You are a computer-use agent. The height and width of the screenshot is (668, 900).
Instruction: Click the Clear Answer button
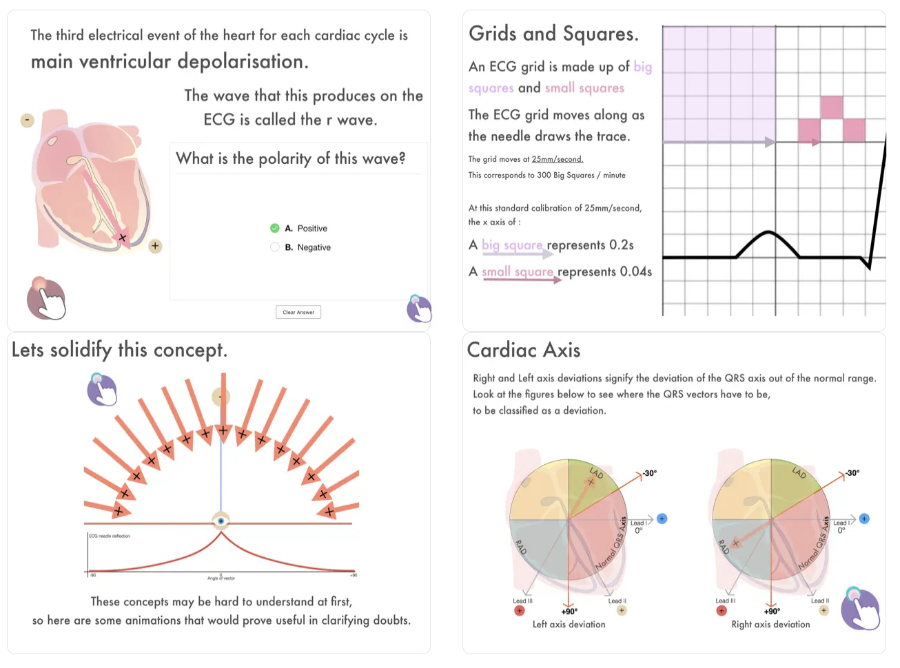(298, 312)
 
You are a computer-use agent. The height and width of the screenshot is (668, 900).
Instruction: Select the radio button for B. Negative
(275, 247)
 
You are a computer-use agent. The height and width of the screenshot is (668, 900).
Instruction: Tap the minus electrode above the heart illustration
(27, 121)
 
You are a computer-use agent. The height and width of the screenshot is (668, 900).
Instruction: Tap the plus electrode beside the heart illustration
(155, 246)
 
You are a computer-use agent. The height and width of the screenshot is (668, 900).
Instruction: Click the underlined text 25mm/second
(557, 159)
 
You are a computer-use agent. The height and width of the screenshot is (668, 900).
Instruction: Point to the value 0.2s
(621, 245)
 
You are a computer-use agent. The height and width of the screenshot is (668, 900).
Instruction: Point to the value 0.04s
(635, 271)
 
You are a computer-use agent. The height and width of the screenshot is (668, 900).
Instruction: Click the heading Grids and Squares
(553, 34)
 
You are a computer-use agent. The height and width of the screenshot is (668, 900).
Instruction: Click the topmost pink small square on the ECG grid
(832, 107)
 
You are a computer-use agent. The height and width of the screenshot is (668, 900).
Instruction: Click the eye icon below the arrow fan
(221, 521)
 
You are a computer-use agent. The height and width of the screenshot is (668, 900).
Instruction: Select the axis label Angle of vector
(221, 578)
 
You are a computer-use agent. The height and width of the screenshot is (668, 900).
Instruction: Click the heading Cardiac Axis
(524, 350)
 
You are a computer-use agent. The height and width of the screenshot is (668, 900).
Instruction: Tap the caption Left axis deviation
(569, 625)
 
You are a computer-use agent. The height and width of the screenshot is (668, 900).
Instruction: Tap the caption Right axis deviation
(770, 625)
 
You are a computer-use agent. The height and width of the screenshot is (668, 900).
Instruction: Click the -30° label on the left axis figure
(650, 473)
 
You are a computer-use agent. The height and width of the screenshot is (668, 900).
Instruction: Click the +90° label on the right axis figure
(772, 611)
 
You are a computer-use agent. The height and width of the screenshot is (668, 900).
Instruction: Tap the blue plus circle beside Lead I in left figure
(662, 519)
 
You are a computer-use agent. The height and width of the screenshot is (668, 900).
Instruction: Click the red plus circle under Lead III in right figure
(722, 610)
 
